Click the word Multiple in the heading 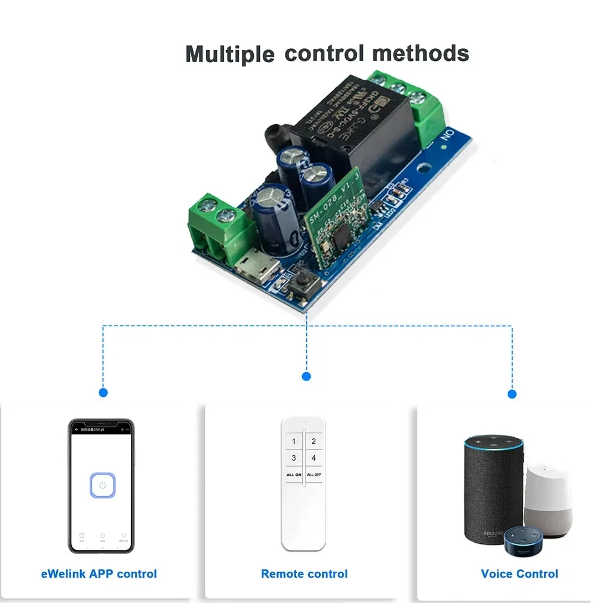tap(229, 54)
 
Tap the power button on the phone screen tap(103, 485)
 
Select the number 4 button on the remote tap(314, 458)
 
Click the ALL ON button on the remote tap(294, 475)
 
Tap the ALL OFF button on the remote tap(314, 475)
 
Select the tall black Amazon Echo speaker tap(493, 488)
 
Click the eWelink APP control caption tap(99, 573)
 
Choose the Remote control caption tap(304, 573)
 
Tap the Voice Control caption tap(519, 573)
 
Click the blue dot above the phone tap(103, 392)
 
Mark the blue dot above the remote tap(306, 376)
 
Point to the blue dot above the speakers tap(512, 394)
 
